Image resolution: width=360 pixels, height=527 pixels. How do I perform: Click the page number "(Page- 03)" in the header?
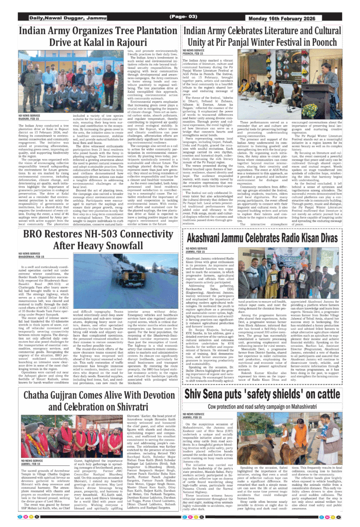183,18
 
